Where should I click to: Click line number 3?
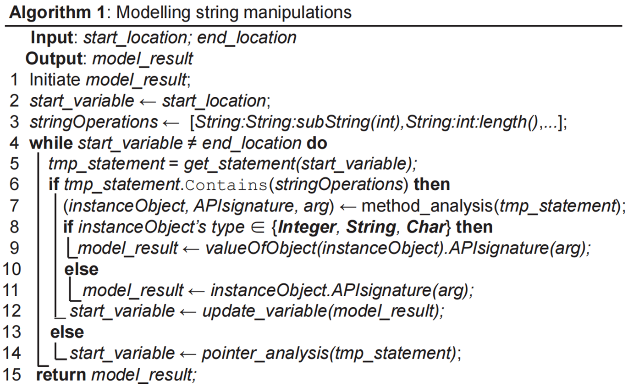[x=15, y=122]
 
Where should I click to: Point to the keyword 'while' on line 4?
[x=51, y=144]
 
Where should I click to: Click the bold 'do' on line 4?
[x=316, y=144]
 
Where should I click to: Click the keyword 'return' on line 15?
[x=61, y=375]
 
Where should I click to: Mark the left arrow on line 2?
[x=148, y=101]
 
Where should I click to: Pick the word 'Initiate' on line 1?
[x=55, y=80]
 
